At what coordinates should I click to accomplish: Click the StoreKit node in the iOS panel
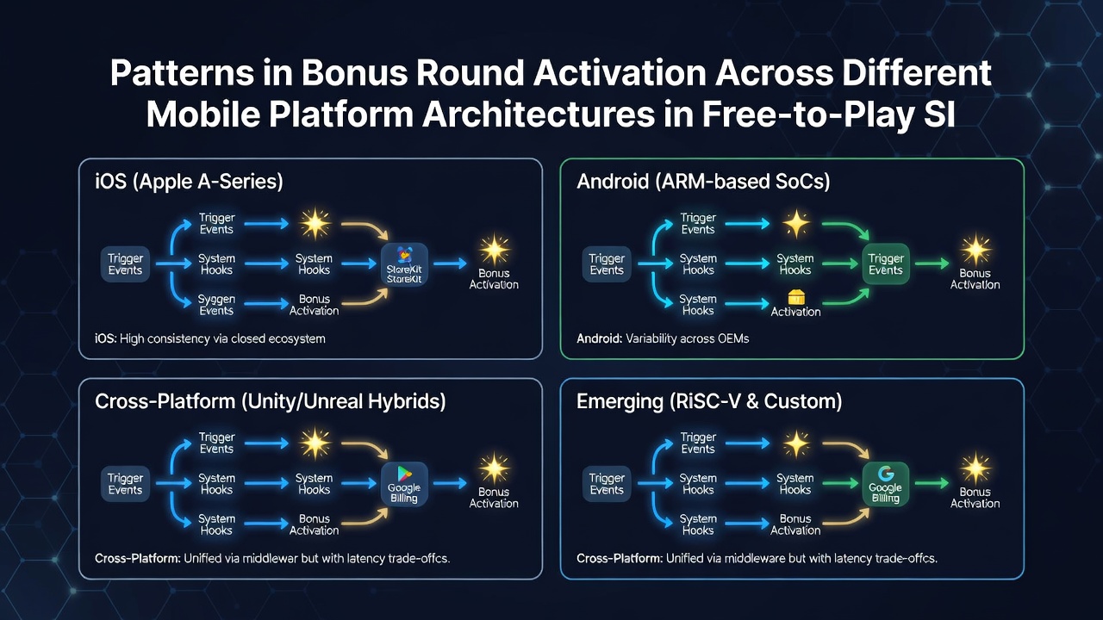coord(404,264)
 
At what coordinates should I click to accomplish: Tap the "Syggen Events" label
coord(216,305)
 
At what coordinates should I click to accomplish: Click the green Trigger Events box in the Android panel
coord(885,264)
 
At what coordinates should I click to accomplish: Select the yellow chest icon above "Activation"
coord(796,297)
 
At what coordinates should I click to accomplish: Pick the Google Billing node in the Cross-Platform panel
coord(404,484)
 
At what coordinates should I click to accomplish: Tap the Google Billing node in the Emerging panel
coord(885,484)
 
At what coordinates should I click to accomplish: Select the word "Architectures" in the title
coord(539,115)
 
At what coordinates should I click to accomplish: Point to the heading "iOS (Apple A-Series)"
coord(189,182)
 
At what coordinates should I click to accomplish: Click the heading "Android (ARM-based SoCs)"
coord(703,182)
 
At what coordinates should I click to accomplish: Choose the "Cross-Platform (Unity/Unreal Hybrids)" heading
coord(271,401)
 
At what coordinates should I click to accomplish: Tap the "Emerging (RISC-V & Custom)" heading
coord(709,401)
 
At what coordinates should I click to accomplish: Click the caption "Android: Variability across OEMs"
coord(663,338)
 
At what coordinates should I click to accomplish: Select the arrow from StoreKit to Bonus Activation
coord(450,263)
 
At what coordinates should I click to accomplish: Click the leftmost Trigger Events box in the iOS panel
coord(125,264)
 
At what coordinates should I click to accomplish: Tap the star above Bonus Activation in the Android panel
coord(975,250)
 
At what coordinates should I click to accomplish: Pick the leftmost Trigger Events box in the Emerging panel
coord(607,484)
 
